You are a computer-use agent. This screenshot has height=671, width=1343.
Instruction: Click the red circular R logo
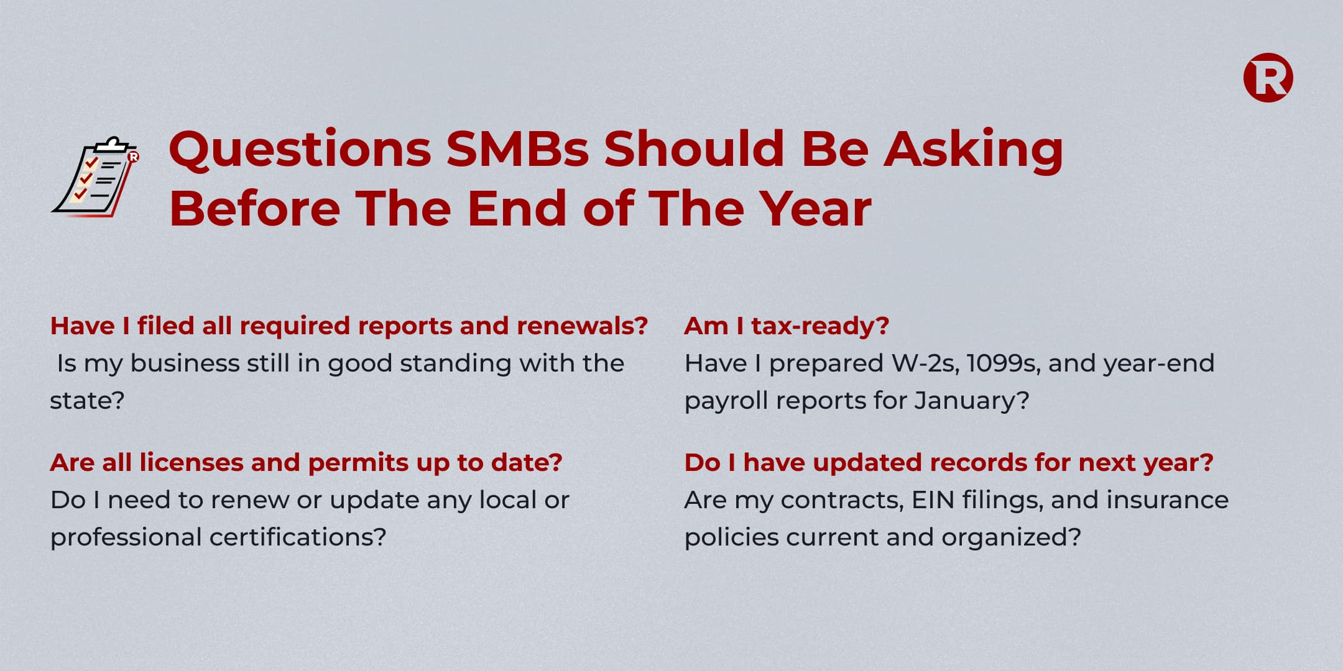click(x=1268, y=78)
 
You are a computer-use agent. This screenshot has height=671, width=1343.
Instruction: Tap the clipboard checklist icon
click(x=95, y=177)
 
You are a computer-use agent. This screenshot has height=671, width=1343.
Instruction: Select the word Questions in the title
click(x=300, y=150)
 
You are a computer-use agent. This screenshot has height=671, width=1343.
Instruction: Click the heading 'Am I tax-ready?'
click(x=787, y=326)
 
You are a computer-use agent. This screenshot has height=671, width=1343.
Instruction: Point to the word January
click(x=972, y=401)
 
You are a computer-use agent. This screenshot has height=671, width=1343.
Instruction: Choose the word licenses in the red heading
click(x=192, y=463)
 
